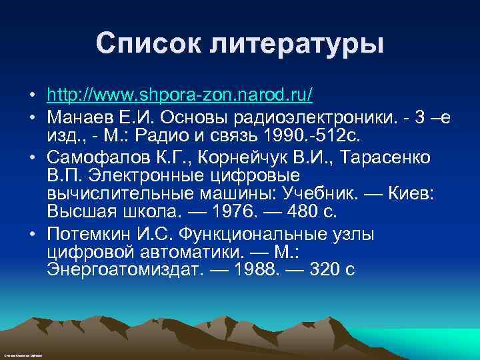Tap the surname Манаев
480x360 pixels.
[x=79, y=117]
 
